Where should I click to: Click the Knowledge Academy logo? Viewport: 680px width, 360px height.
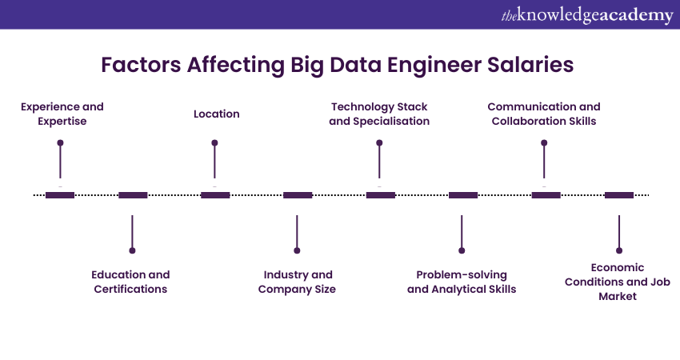tap(587, 15)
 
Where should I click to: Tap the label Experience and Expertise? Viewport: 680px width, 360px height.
tap(62, 114)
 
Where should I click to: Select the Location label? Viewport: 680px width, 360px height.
tap(216, 114)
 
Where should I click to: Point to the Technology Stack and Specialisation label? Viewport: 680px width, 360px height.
tap(379, 114)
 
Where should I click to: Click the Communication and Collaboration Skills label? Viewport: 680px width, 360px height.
tap(543, 114)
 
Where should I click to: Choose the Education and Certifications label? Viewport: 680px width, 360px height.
tap(130, 282)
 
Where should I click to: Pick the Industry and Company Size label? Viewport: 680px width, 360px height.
tap(297, 282)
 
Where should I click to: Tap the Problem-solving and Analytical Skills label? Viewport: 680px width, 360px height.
tap(462, 282)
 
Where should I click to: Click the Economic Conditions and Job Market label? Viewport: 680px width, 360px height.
tap(618, 282)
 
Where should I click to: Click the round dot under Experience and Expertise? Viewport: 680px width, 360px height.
tap(60, 143)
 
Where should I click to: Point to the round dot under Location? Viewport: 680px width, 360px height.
tap(214, 143)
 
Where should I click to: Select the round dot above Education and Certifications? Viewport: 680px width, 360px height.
tap(132, 250)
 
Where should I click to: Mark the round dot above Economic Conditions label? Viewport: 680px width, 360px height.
tap(618, 250)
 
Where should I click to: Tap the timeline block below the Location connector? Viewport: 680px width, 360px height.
tap(215, 194)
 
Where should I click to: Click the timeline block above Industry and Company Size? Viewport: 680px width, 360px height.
tap(298, 194)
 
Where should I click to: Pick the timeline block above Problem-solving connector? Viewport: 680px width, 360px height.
tap(463, 194)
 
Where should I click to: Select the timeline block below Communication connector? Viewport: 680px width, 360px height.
tap(546, 194)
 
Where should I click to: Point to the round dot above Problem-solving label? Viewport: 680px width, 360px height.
tap(462, 250)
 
